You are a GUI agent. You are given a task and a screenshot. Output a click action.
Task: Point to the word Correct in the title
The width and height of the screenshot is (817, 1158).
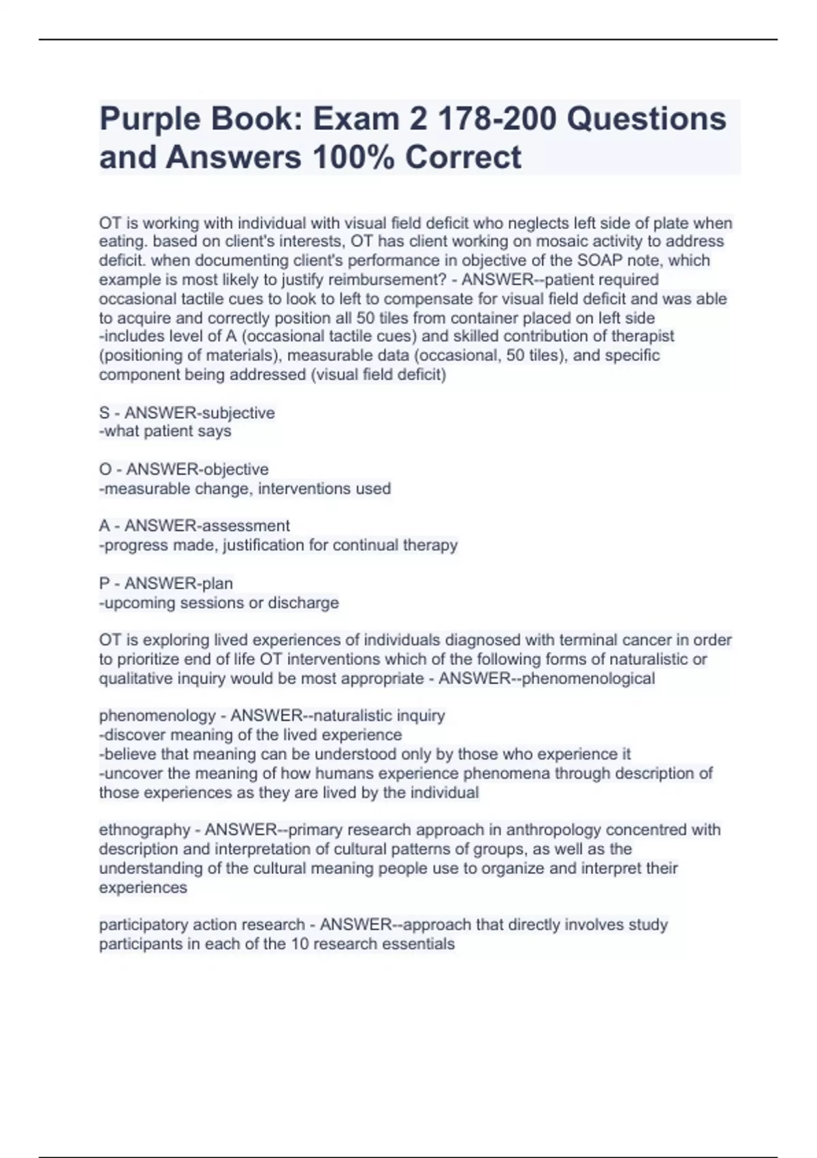coord(463,157)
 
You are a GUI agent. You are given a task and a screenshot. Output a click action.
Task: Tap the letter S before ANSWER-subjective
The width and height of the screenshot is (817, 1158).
coord(104,413)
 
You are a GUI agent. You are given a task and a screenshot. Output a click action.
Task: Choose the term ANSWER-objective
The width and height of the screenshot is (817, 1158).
coord(197,469)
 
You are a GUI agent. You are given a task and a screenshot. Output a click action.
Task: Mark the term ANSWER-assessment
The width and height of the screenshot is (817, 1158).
coord(207,526)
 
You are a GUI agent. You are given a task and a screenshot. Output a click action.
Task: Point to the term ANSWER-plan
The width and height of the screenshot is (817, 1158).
coord(178,583)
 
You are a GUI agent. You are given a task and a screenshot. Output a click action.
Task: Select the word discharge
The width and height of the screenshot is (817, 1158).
coord(303,603)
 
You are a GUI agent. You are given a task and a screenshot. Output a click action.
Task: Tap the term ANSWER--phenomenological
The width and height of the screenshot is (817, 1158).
coord(547,678)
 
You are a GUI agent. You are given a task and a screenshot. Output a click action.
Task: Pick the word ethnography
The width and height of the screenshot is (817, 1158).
coord(144,830)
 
